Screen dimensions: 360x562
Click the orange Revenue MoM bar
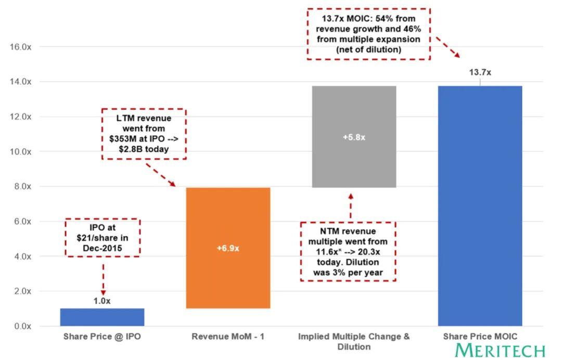228,248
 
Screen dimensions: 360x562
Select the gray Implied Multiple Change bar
354,136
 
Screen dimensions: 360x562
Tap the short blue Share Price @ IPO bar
102,317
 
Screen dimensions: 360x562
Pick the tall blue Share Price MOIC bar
480,205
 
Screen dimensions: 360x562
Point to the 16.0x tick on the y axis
21,47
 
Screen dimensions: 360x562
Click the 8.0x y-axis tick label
21,186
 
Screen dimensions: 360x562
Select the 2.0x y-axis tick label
21,291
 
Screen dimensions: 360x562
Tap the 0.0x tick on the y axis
21,326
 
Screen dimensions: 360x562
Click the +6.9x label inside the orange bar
228,248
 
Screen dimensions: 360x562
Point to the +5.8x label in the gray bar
354,137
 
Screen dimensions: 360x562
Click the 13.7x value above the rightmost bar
480,72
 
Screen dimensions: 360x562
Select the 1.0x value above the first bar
102,300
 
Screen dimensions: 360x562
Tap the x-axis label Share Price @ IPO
102,337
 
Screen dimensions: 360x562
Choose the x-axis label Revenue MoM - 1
228,337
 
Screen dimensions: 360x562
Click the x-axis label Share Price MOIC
480,337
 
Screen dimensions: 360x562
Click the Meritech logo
500,350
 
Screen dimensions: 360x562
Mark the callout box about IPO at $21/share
103,237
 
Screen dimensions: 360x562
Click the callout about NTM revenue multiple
348,251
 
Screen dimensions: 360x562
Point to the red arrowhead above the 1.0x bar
103,292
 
